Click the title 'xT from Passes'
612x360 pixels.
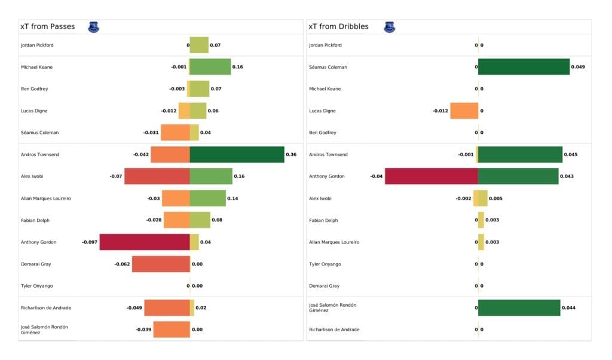pos(47,27)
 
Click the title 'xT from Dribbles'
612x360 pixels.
pos(338,27)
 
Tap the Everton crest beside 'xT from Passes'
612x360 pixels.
pos(93,27)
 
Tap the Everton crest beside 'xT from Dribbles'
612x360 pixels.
pos(390,27)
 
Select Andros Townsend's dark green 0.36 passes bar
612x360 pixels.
pos(237,154)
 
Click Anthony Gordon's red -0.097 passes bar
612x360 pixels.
pos(145,242)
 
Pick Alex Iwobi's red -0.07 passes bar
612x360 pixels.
pos(157,176)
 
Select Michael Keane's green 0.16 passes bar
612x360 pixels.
pos(210,67)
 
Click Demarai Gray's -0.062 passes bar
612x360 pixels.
pos(161,264)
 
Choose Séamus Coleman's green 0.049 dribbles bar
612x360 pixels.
pos(524,67)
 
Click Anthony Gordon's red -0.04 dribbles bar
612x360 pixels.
pos(432,176)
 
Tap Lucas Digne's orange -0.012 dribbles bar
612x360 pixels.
pos(464,111)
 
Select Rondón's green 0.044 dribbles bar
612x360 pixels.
pos(519,308)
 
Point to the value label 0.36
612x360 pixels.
pos(291,154)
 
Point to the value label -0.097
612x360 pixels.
pos(90,242)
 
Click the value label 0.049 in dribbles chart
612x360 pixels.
pos(578,67)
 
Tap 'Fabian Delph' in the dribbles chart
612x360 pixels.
pos(323,220)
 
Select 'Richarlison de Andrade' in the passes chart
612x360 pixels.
pos(46,308)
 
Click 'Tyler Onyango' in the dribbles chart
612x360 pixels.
pos(325,264)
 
